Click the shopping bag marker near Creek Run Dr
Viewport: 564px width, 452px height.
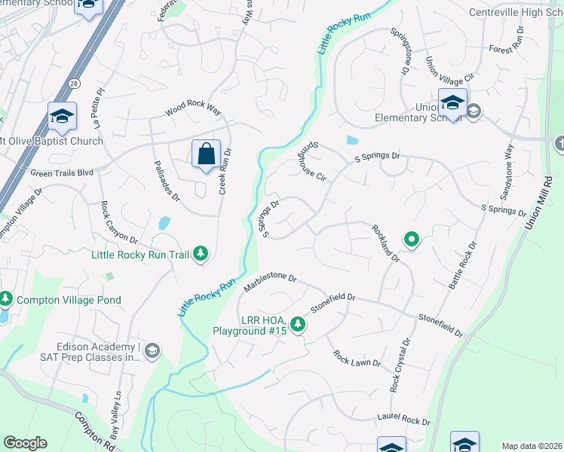tap(206, 154)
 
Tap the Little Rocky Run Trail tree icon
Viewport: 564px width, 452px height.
tap(201, 255)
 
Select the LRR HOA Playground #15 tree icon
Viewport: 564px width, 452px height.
tap(299, 325)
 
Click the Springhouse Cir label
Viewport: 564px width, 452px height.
tap(311, 163)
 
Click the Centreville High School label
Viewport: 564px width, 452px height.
tap(516, 12)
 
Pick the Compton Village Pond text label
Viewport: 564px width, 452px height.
tap(69, 300)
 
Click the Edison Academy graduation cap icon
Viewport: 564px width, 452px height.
tap(152, 350)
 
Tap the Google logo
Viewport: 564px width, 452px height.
tap(25, 443)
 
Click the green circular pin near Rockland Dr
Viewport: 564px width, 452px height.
tap(411, 240)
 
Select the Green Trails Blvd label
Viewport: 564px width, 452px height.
tap(62, 173)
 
